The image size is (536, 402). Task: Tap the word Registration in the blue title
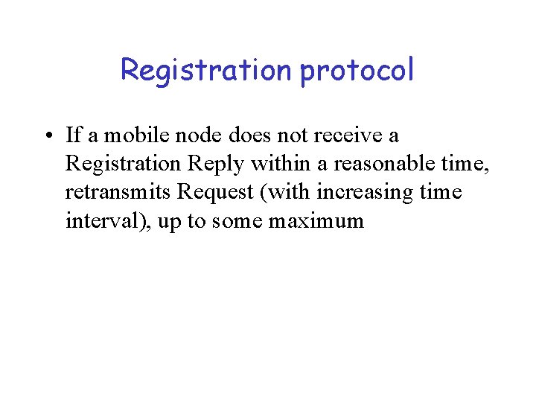[x=206, y=71]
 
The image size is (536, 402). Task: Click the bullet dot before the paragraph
[x=47, y=136]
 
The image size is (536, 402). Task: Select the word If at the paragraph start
[x=72, y=135]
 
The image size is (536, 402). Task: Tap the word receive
[x=351, y=135]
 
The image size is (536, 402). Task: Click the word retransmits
[x=118, y=192]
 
